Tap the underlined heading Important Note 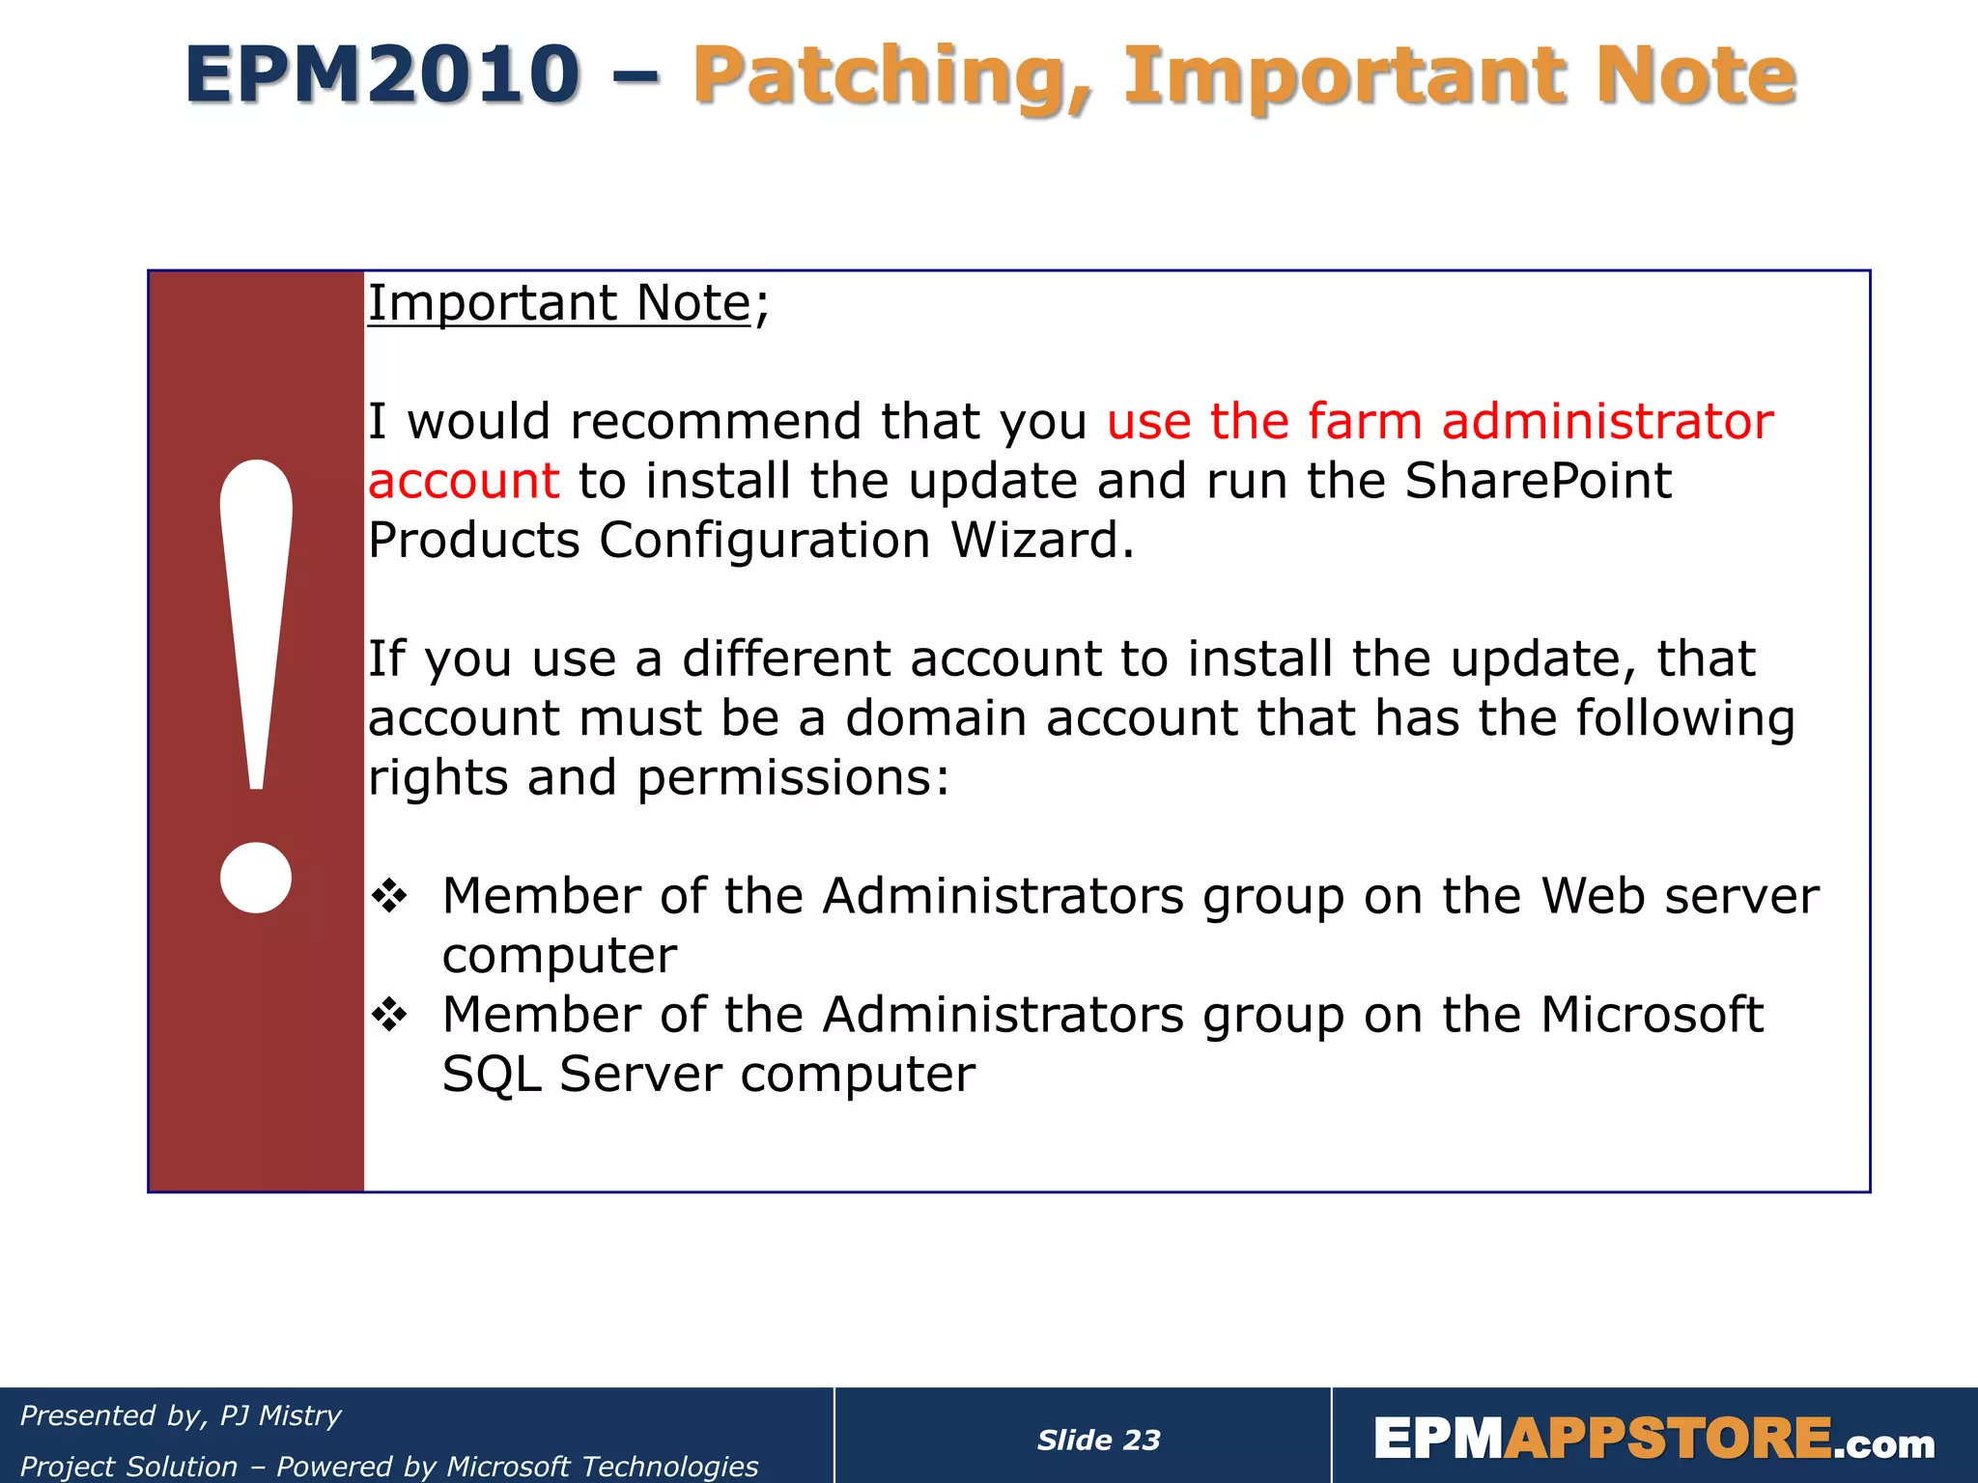pyautogui.click(x=559, y=303)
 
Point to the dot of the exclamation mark pyautogui.click(x=256, y=877)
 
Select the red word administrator pyautogui.click(x=1607, y=422)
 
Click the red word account pyautogui.click(x=464, y=481)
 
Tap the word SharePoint pyautogui.click(x=1538, y=481)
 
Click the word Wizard pyautogui.click(x=1041, y=541)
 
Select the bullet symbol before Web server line pyautogui.click(x=390, y=897)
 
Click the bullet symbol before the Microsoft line pyautogui.click(x=390, y=1016)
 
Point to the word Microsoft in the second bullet pyautogui.click(x=1652, y=1016)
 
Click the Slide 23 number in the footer pyautogui.click(x=1098, y=1441)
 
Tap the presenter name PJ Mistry pyautogui.click(x=280, y=1416)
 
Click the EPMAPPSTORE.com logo pyautogui.click(x=1653, y=1440)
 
